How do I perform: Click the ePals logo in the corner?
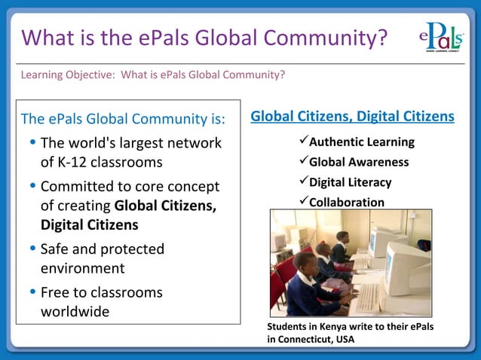[x=440, y=37]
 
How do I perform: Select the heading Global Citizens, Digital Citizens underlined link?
[x=352, y=117]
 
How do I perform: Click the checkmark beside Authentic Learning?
[x=303, y=141]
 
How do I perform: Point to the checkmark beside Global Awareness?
[x=303, y=161]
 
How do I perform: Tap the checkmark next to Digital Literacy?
[x=303, y=182]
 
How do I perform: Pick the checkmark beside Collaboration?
[x=303, y=202]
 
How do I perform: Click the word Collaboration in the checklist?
[x=347, y=203]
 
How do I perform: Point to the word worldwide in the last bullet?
[x=75, y=311]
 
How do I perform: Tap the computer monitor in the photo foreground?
[x=408, y=267]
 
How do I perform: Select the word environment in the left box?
[x=83, y=267]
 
